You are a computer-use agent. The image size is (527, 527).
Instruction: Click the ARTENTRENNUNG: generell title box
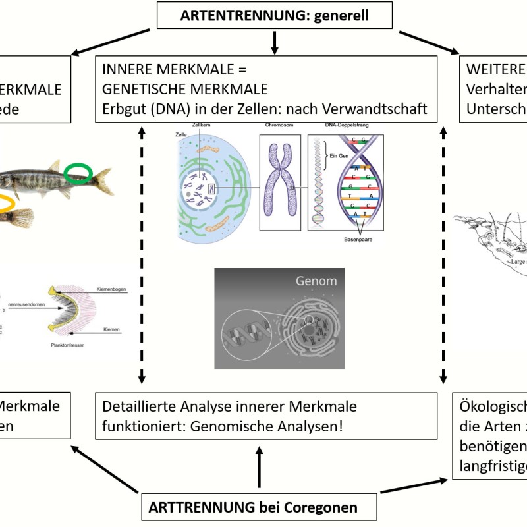coord(275,15)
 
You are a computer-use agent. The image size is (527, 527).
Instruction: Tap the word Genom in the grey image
coord(316,281)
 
